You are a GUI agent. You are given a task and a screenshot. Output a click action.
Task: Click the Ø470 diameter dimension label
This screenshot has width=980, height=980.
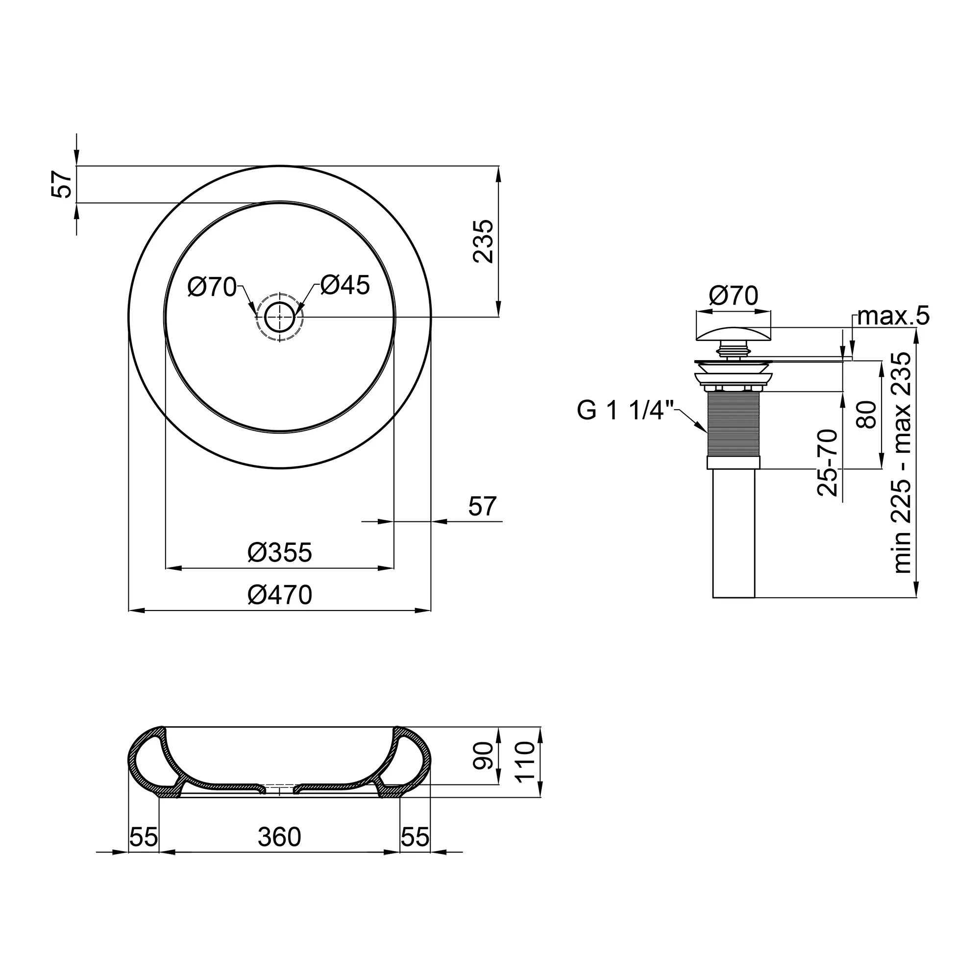279,595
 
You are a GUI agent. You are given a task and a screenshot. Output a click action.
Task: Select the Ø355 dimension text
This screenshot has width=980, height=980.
279,552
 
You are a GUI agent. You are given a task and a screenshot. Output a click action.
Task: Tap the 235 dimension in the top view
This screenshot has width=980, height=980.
483,242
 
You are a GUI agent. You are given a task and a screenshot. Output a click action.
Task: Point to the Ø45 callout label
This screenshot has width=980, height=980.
345,286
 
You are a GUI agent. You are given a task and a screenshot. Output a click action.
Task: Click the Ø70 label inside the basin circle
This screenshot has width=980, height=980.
212,287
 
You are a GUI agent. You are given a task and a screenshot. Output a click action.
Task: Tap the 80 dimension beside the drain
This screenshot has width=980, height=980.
866,415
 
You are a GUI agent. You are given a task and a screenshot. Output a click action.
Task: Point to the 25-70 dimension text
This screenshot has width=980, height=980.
827,463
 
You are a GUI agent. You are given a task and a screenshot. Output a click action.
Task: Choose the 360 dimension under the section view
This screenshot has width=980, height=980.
279,837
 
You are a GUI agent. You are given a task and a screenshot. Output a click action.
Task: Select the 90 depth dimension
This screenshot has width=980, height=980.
483,756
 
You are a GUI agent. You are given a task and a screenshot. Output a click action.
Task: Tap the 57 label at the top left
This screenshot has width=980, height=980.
62,184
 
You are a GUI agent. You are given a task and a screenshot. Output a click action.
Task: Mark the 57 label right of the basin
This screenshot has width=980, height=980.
482,506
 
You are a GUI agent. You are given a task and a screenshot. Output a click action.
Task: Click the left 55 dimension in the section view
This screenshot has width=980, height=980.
144,837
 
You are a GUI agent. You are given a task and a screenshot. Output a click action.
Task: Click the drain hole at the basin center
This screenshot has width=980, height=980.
279,317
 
